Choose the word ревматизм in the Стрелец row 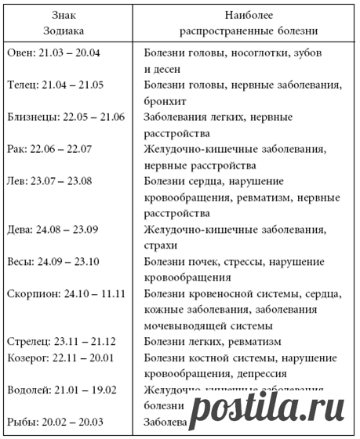pos(253,341)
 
